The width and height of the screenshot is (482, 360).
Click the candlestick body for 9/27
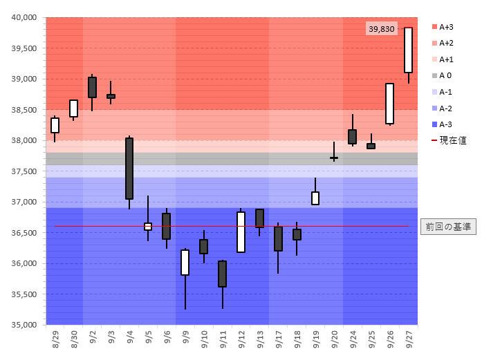tap(408, 50)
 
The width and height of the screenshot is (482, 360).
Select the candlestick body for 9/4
tap(129, 169)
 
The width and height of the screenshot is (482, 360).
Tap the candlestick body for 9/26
tap(389, 104)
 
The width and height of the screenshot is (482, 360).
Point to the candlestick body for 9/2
tap(92, 87)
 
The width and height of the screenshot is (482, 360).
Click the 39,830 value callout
tap(382, 29)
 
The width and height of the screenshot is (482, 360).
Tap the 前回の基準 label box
tap(449, 227)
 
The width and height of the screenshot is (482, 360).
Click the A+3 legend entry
tap(446, 27)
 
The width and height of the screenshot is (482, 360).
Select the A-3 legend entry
tap(445, 124)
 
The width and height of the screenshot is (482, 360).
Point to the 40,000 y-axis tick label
tap(25, 18)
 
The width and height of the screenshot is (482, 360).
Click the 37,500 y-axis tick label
tap(25, 171)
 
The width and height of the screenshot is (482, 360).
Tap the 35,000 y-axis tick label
tap(25, 325)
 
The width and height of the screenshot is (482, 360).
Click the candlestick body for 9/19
tap(315, 198)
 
